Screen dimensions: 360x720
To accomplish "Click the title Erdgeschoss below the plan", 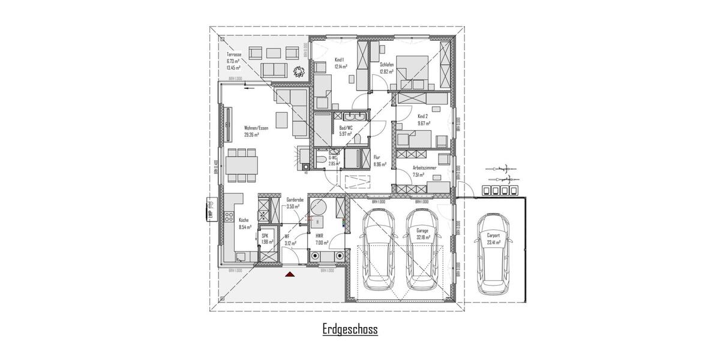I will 350,329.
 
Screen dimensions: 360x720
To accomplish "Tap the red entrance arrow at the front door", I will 290,274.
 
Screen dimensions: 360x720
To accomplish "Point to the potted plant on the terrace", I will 298,72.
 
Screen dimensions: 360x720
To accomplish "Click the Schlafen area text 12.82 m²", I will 386,72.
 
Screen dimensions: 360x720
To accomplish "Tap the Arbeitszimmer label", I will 424,167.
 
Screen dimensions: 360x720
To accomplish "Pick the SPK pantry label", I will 265,236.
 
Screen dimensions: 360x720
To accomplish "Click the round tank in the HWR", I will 317,208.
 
